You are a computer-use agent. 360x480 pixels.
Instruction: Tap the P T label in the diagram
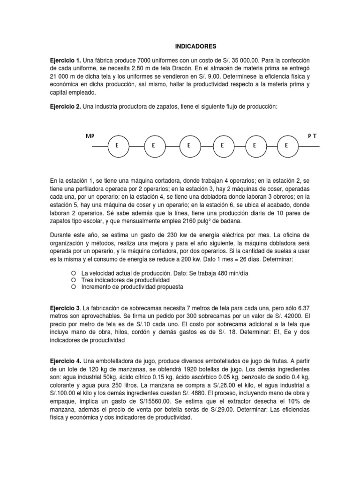[x=312, y=136]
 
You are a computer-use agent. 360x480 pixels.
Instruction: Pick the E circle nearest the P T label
[x=286, y=146]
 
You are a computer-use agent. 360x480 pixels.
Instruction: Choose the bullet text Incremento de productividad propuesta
[x=132, y=286]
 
